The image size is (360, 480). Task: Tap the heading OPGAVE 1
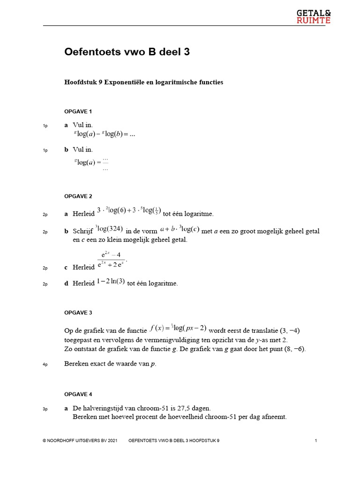point(78,111)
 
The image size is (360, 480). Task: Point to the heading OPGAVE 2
point(78,196)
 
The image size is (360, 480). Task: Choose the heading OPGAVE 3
point(78,312)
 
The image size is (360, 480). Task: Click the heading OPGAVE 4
point(78,394)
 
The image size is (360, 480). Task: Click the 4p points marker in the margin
point(45,365)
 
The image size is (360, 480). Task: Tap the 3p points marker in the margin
point(45,409)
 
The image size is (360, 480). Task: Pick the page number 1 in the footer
point(316,441)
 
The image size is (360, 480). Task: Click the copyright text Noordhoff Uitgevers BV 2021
point(79,441)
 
